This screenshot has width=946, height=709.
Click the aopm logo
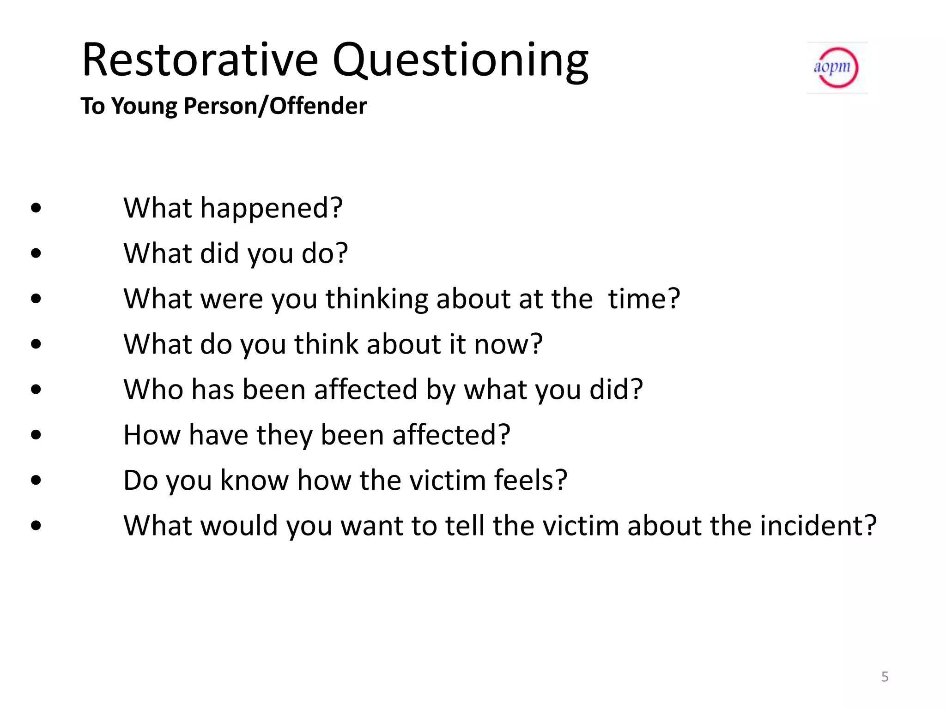tap(837, 68)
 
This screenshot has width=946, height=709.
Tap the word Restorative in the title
tap(200, 60)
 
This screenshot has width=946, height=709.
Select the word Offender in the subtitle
tap(318, 106)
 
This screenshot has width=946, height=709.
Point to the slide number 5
tap(885, 677)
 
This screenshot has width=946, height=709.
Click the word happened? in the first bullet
tap(271, 209)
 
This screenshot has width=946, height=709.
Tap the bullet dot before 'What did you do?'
tap(36, 253)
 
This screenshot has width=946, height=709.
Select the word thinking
tap(377, 299)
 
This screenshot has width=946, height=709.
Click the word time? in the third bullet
tap(644, 299)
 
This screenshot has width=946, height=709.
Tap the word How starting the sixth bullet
tap(152, 435)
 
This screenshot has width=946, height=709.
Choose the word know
tap(255, 480)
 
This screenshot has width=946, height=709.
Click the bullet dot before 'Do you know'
tap(36, 481)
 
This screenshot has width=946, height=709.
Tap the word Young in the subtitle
tap(144, 107)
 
